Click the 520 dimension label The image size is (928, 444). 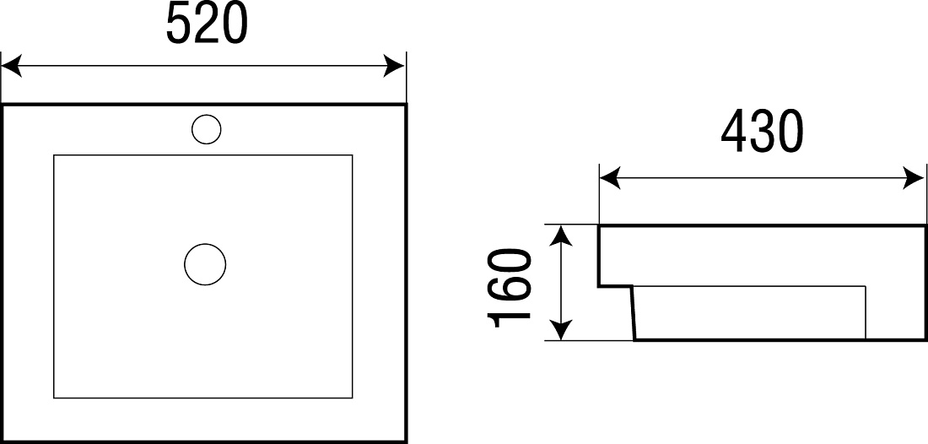click(206, 23)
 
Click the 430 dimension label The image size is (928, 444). click(762, 131)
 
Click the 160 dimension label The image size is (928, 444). click(509, 289)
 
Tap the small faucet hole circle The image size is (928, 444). click(207, 129)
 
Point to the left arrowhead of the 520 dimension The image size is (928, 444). click(11, 66)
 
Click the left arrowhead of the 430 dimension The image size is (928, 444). click(610, 177)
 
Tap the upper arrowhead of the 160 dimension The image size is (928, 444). click(561, 235)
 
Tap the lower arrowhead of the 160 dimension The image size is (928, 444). click(561, 330)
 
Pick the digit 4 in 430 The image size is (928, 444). click(734, 131)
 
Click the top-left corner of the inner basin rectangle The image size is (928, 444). click(54, 155)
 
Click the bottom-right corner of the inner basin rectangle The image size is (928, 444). click(352, 398)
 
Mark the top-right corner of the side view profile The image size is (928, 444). click(925, 225)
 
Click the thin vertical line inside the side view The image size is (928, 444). click(866, 312)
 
